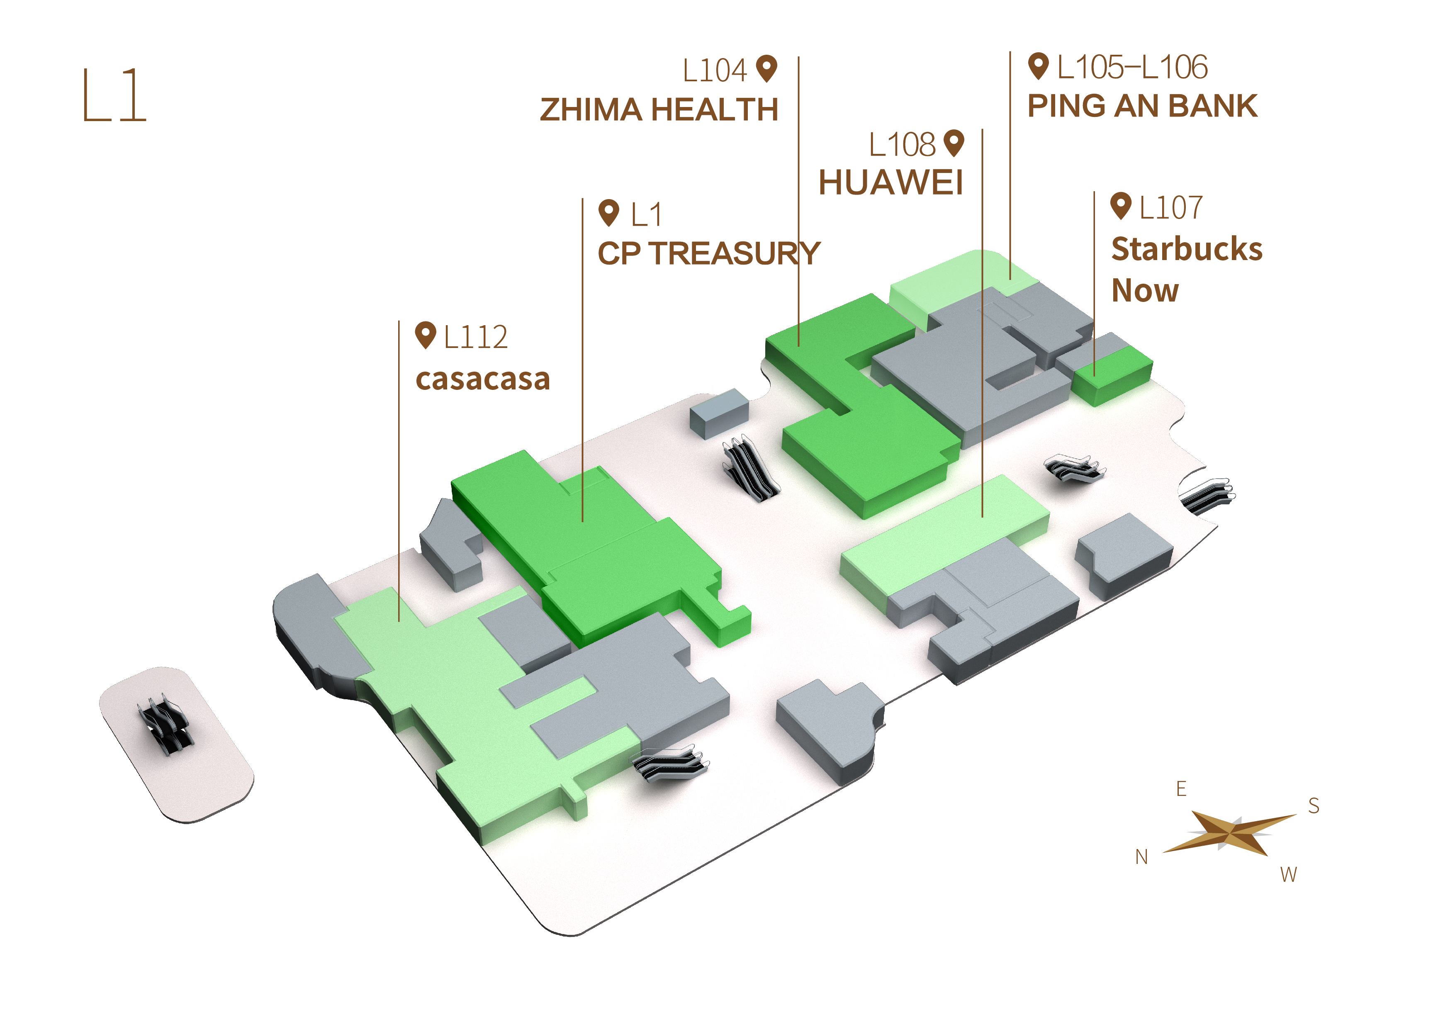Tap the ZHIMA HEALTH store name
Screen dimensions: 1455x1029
pyautogui.click(x=659, y=109)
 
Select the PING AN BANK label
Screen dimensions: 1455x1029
pyautogui.click(x=1142, y=106)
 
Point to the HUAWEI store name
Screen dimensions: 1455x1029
pyautogui.click(x=891, y=182)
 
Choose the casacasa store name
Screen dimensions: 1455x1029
pyautogui.click(x=483, y=379)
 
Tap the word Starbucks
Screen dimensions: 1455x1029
pyautogui.click(x=1187, y=249)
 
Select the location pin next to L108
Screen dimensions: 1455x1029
pyautogui.click(x=954, y=143)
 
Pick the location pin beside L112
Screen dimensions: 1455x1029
pyautogui.click(x=426, y=335)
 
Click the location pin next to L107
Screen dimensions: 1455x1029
pyautogui.click(x=1121, y=206)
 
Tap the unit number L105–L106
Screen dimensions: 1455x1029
pyautogui.click(x=1132, y=67)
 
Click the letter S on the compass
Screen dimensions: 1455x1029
pyautogui.click(x=1314, y=806)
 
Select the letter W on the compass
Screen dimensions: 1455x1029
pyautogui.click(x=1288, y=875)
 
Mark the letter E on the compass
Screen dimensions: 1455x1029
pyautogui.click(x=1181, y=789)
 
